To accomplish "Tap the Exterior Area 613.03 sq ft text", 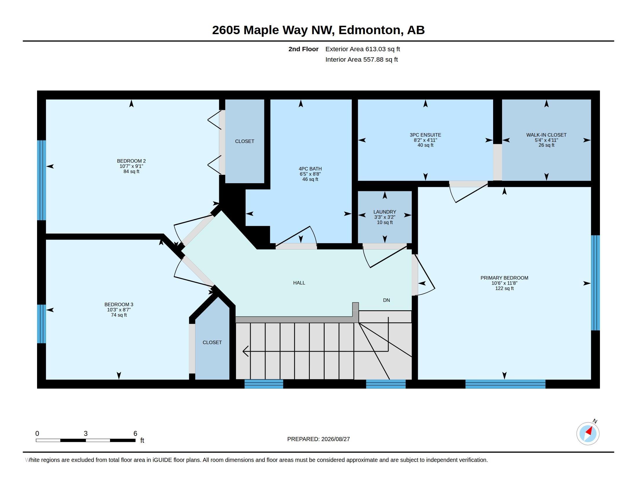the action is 363,49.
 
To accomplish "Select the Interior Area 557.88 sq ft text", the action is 361,59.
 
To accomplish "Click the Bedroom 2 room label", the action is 131,161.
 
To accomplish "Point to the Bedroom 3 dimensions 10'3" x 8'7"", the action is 119,310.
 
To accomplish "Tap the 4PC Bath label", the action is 310,169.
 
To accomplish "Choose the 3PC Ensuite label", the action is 425,135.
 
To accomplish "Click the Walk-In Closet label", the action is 546,135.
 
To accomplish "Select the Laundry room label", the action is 385,212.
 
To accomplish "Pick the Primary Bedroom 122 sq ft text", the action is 504,288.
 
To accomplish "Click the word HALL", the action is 299,283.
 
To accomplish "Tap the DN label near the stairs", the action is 387,300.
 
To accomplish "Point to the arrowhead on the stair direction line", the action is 245,351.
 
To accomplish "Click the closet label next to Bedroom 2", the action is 244,141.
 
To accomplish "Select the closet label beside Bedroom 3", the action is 212,342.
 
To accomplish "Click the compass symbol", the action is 588,434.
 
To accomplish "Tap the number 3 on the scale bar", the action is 85,434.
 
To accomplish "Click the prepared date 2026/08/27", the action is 335,439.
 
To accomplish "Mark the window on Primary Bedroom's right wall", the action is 595,283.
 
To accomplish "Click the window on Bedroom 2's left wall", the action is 41,180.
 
